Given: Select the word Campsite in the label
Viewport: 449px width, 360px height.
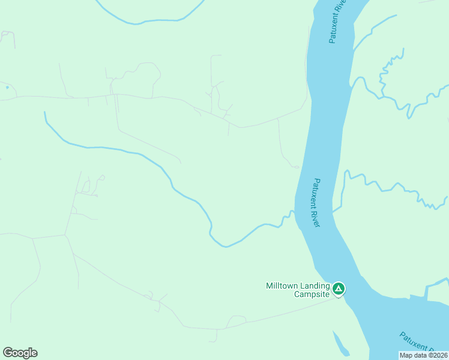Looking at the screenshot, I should (312, 295).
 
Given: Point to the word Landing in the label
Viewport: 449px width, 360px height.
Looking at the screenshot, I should (316, 286).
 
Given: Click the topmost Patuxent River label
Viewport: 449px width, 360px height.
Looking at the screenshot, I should (337, 21).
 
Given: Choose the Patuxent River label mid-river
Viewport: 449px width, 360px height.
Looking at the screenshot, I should (317, 203).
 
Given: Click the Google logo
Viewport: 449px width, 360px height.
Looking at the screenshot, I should (20, 353).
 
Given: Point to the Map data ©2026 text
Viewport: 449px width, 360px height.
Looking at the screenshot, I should (424, 355).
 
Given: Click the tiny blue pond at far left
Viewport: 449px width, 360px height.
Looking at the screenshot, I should (7, 88).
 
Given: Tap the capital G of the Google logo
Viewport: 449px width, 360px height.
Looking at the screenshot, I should (8, 353).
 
